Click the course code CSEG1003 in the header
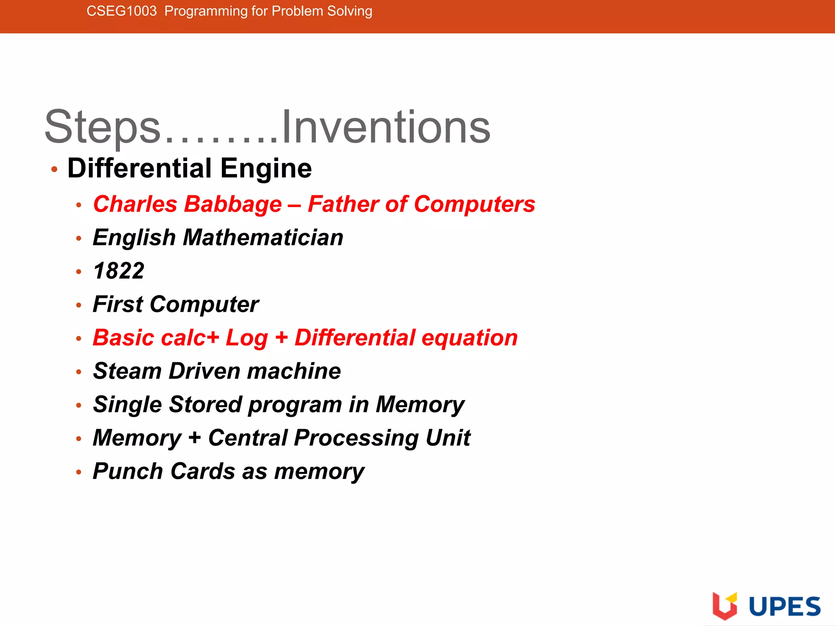point(121,11)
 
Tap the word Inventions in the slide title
point(386,127)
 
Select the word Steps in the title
point(103,127)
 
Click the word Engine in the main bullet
point(266,168)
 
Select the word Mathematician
point(263,238)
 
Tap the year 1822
point(119,271)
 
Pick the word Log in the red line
point(247,338)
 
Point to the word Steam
point(127,371)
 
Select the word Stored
point(205,405)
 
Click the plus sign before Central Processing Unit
point(194,438)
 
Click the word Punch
point(128,472)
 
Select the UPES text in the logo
point(784,607)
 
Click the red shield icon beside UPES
point(725,606)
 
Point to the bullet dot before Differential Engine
point(54,169)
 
